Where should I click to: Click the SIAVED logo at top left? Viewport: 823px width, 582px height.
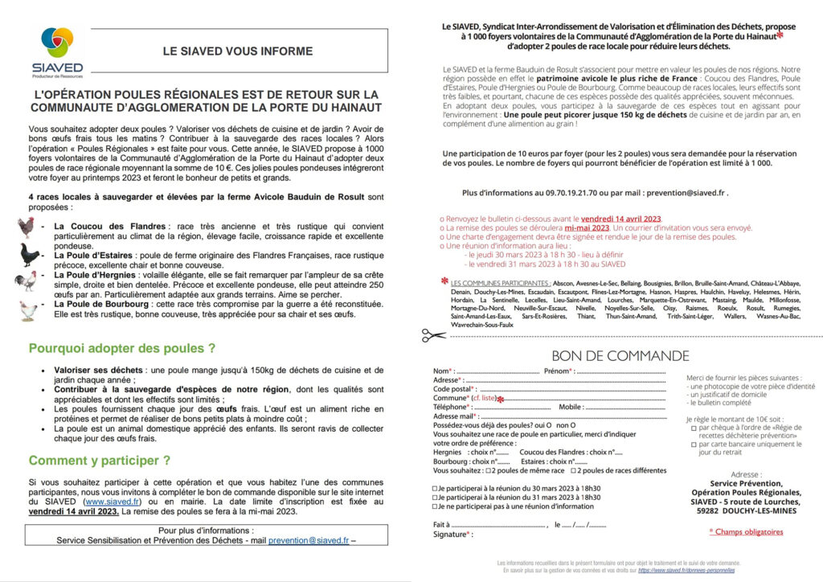pyautogui.click(x=56, y=51)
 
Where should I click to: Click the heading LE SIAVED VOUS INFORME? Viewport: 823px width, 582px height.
pyautogui.click(x=237, y=51)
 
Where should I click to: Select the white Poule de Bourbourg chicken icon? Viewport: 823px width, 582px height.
pyautogui.click(x=29, y=309)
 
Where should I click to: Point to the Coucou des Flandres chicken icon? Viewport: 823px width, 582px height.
pyautogui.click(x=27, y=227)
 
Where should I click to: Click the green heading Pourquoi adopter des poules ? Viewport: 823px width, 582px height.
pyautogui.click(x=122, y=349)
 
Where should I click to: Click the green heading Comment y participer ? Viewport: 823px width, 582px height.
pyautogui.click(x=100, y=461)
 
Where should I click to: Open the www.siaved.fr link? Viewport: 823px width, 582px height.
pyautogui.click(x=119, y=500)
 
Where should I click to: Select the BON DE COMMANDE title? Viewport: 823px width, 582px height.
pyautogui.click(x=620, y=356)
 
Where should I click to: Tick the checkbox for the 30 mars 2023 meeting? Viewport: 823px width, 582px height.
pyautogui.click(x=436, y=488)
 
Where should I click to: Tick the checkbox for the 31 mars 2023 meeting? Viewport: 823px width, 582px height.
pyautogui.click(x=436, y=497)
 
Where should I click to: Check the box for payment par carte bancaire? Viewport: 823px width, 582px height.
pyautogui.click(x=694, y=443)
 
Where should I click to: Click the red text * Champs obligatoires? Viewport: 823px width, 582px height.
pyautogui.click(x=745, y=531)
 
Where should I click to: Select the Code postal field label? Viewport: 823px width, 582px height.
pyautogui.click(x=452, y=388)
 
